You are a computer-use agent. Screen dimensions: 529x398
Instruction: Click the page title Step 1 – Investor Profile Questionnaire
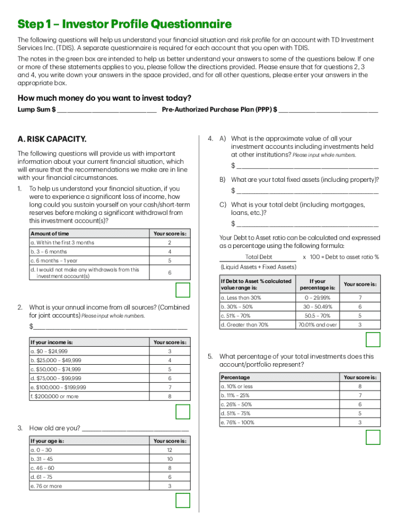tap(125, 24)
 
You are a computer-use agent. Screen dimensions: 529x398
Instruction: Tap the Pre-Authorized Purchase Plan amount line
tap(328, 111)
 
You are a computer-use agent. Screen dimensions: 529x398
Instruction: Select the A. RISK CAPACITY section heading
tap(52, 139)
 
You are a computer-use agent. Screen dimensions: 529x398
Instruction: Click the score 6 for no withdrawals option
tap(170, 273)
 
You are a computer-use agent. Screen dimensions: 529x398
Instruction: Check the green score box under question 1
tap(183, 290)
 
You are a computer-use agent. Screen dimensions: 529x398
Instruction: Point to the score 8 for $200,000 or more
tap(170, 397)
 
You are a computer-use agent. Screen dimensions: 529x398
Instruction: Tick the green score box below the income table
tap(183, 412)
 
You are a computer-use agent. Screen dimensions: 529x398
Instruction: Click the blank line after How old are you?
tap(135, 429)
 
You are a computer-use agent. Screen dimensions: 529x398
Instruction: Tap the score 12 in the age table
tap(170, 450)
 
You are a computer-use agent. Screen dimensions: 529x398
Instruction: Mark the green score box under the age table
tap(183, 501)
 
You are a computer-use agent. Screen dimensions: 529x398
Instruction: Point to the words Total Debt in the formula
tap(258, 257)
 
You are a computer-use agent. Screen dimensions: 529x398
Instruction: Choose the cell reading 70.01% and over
tap(317, 325)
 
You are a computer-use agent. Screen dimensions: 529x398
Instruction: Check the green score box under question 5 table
tap(373, 438)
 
